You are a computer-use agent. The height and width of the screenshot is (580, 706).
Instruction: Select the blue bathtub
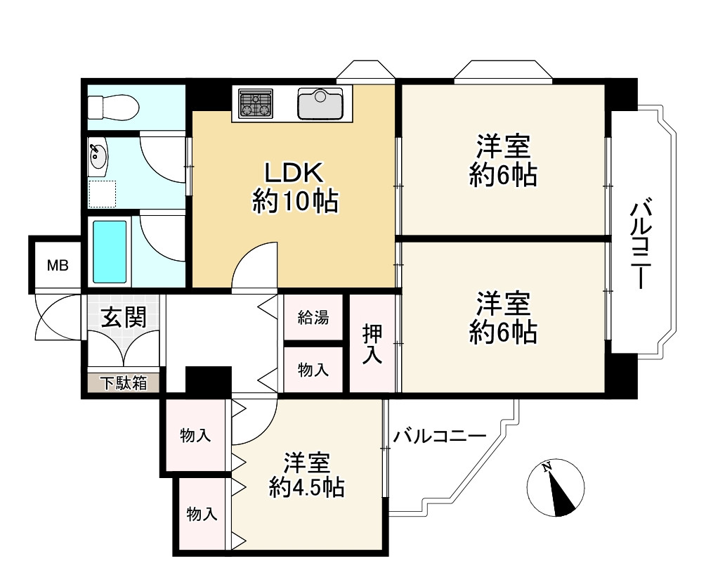coord(110,251)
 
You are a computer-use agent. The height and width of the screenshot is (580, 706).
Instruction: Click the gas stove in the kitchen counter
coord(255,103)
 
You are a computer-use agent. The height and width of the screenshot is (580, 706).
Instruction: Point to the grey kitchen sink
coord(320,103)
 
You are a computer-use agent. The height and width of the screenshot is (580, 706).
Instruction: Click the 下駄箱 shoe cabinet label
coord(122,383)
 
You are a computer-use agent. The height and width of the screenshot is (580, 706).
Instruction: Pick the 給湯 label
coord(313,318)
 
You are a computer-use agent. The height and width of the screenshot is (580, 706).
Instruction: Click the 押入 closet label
coord(372,344)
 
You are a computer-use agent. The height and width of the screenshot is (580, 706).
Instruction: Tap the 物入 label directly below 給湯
coord(313,370)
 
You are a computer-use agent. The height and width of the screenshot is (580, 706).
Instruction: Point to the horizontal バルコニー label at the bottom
coord(440,436)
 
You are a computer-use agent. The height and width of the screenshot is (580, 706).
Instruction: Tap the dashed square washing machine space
coord(103,193)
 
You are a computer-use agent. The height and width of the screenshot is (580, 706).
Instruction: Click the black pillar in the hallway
coord(208,380)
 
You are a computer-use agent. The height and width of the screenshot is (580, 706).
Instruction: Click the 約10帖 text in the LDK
coord(295,202)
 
